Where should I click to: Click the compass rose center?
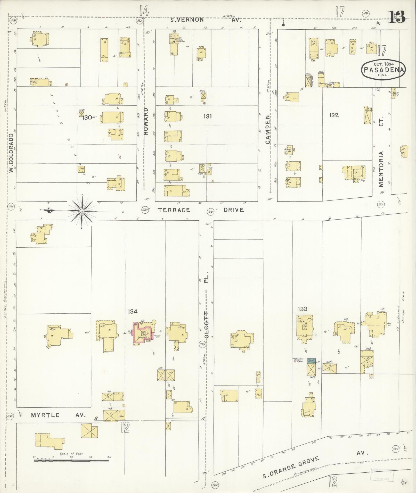pos(82,211)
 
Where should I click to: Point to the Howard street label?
pos(146,122)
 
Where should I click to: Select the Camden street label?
pos(268,129)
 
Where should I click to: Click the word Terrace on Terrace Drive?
pos(174,210)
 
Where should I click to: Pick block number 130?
pos(88,118)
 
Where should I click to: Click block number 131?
pos(208,116)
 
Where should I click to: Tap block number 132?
pos(334,115)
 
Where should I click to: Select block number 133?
pos(302,309)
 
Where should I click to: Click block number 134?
pos(132,312)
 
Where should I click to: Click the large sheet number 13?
pos(397,17)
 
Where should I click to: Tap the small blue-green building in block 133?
pos(311,361)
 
